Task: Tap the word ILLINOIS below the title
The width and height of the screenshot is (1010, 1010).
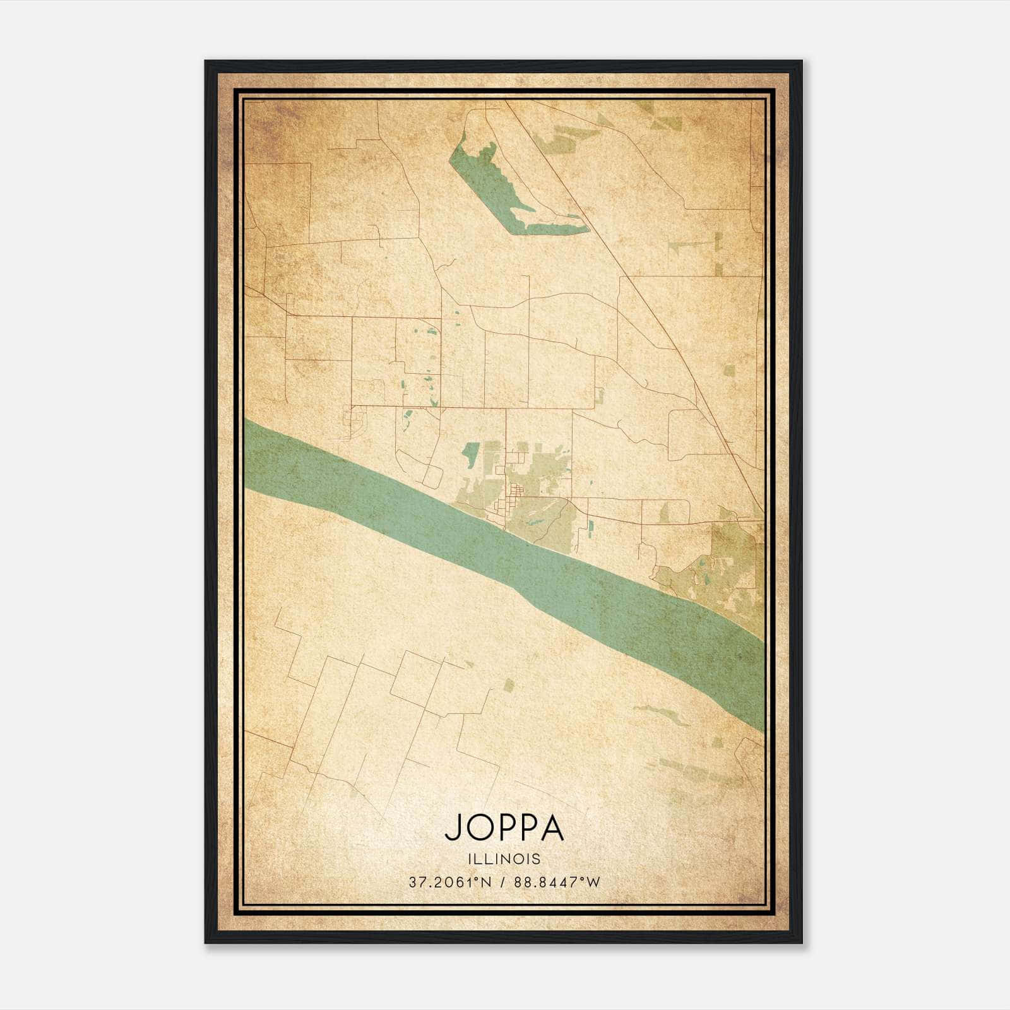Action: pos(504,858)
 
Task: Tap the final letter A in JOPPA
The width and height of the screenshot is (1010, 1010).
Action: pos(552,828)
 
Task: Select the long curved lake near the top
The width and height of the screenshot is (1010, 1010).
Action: pos(499,189)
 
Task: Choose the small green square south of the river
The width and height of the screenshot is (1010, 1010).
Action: pos(509,686)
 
